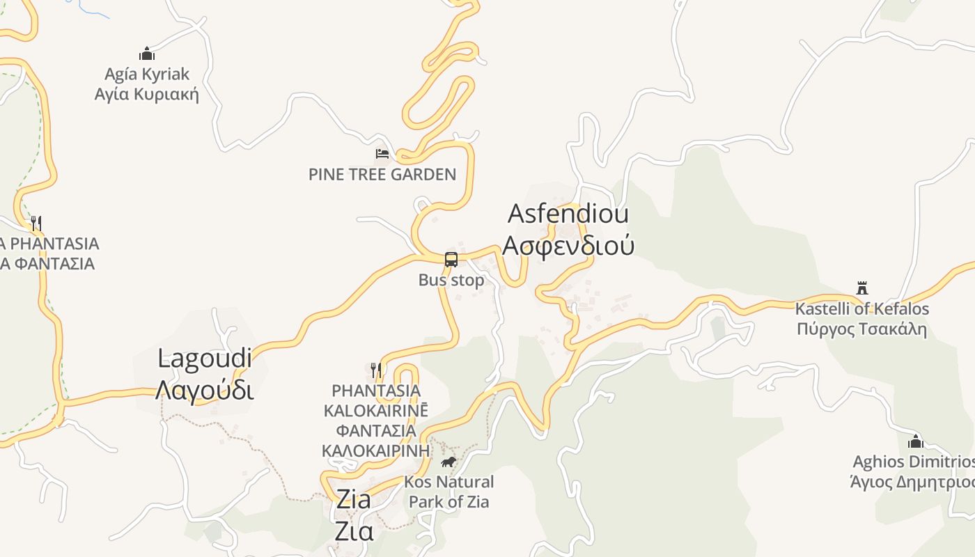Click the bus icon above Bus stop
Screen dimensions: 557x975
click(451, 260)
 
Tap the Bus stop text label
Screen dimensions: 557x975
click(451, 280)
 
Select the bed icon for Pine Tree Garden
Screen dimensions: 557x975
click(382, 153)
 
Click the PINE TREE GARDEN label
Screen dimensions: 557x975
click(382, 174)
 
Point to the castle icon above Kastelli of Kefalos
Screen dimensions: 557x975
click(862, 288)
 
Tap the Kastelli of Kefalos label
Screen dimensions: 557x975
click(862, 308)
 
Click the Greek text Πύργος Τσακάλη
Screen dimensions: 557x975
click(862, 328)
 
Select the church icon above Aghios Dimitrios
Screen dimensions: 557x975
click(916, 441)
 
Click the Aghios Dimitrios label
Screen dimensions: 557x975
click(913, 462)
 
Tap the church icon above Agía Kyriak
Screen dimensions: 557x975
click(147, 54)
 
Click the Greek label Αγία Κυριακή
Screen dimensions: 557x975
click(147, 94)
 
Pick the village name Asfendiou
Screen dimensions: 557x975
click(568, 214)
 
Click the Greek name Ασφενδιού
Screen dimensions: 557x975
click(568, 245)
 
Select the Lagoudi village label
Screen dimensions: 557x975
click(205, 359)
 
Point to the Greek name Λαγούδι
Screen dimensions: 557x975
click(205, 390)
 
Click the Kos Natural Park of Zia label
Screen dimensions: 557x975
click(449, 491)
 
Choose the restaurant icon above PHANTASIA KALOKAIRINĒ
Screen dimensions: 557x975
click(376, 369)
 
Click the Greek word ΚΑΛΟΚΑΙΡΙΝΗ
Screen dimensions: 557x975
click(375, 450)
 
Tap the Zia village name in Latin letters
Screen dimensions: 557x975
click(354, 499)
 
